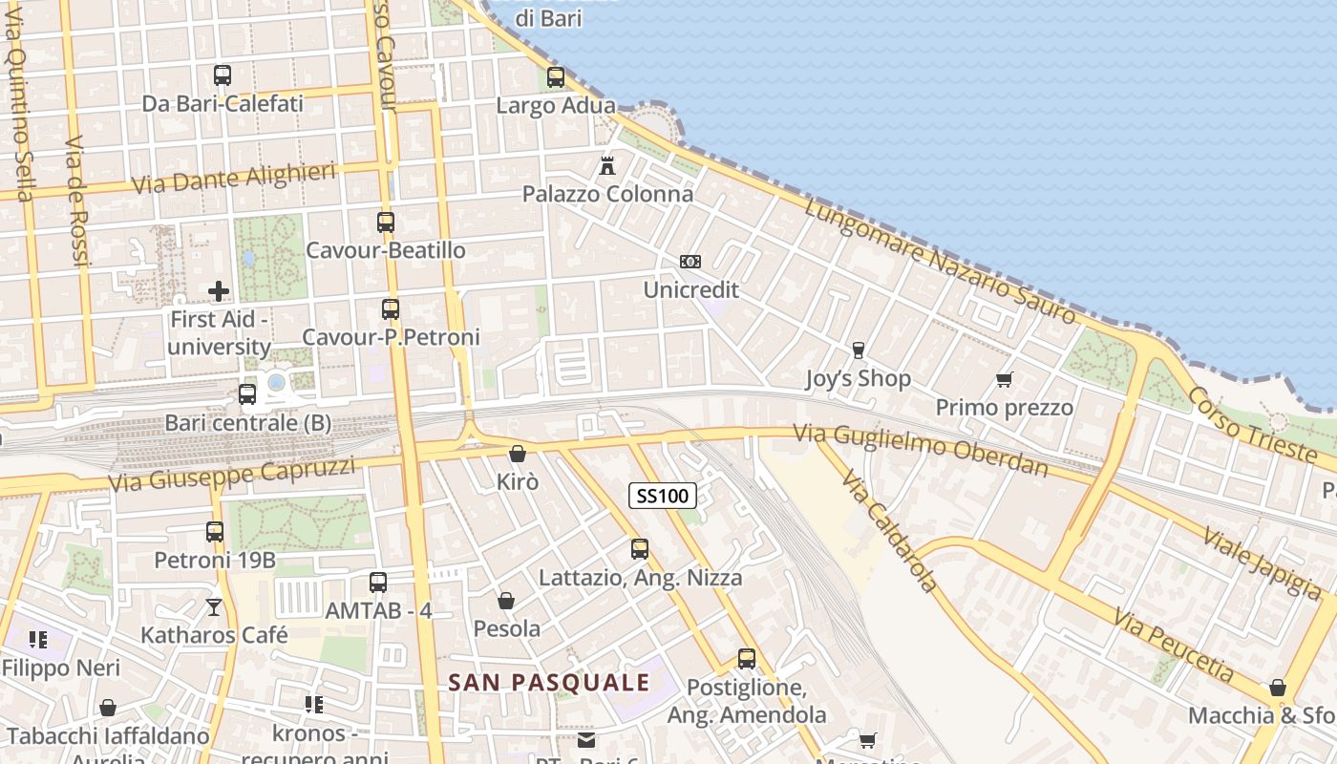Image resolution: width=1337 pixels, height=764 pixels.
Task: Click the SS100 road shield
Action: click(x=663, y=496)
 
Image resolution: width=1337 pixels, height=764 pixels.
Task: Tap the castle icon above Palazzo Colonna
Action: click(x=606, y=166)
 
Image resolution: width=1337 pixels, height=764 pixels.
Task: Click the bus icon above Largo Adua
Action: click(x=556, y=77)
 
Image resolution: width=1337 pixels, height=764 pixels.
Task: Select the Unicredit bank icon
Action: click(x=690, y=262)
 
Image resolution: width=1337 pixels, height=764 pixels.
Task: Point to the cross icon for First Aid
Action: click(x=219, y=291)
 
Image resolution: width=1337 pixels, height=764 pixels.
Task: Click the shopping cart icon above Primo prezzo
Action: click(x=1004, y=380)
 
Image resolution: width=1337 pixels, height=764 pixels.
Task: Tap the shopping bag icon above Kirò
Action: click(x=517, y=454)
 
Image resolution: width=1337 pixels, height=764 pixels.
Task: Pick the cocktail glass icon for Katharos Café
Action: click(x=214, y=606)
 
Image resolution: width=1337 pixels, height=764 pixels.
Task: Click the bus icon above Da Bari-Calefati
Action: click(x=223, y=74)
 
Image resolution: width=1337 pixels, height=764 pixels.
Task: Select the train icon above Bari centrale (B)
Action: click(x=247, y=393)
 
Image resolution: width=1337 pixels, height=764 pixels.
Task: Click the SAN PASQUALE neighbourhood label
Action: click(x=549, y=682)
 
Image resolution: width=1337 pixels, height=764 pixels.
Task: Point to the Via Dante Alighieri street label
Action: click(x=234, y=178)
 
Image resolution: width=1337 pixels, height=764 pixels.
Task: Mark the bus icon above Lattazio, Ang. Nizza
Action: click(x=640, y=549)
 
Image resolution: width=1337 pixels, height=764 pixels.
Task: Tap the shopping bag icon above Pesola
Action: click(x=506, y=601)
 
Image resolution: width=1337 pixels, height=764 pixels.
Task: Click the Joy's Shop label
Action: click(x=858, y=379)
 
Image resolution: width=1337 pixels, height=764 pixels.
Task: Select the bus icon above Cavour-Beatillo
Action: click(x=386, y=223)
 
